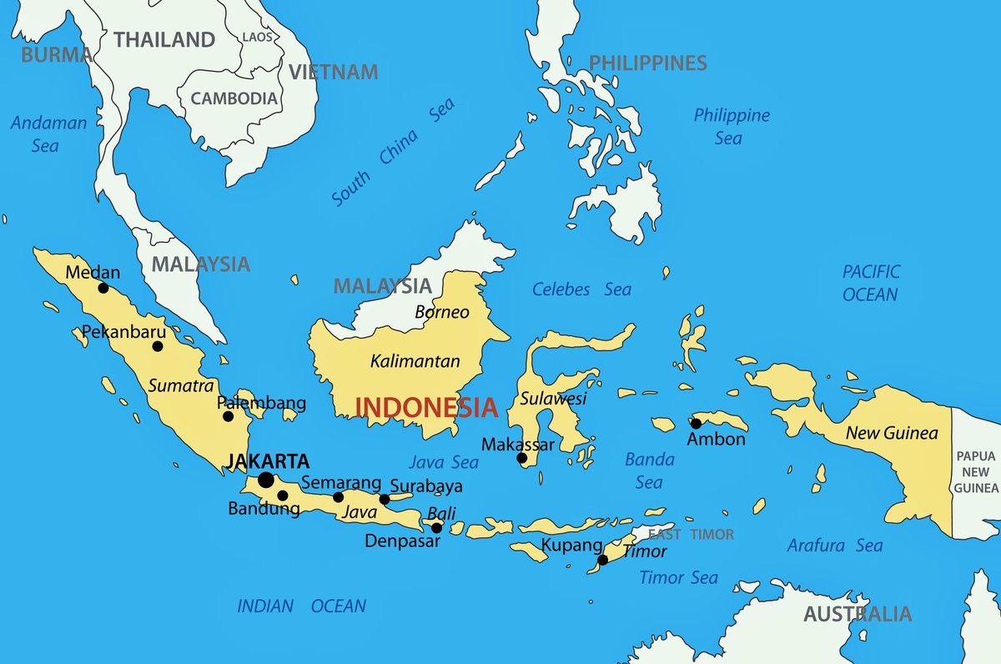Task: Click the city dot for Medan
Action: [x=103, y=288]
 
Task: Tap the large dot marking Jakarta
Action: [x=266, y=480]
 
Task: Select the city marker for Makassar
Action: [x=522, y=458]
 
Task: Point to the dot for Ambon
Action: [x=696, y=424]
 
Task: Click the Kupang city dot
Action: [x=602, y=560]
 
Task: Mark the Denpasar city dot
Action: [x=436, y=528]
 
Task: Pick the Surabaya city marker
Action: [x=385, y=500]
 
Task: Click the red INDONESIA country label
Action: [x=426, y=408]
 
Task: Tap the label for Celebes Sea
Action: [x=582, y=289]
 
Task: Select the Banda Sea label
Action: [x=649, y=470]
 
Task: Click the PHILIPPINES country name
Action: [x=647, y=63]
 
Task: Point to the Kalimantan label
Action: [x=415, y=361]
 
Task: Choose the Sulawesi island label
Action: [x=553, y=398]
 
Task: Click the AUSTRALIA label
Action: [x=858, y=615]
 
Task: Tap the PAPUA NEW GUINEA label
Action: [x=976, y=471]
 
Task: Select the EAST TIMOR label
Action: [x=692, y=535]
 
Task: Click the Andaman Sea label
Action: [x=48, y=133]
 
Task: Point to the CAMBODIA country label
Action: [x=234, y=98]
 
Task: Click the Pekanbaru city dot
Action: [x=158, y=346]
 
